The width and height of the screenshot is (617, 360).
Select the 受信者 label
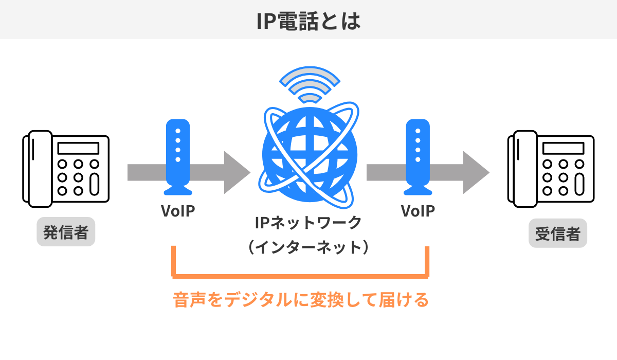pos(558,235)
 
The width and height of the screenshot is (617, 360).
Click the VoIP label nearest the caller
pos(178,211)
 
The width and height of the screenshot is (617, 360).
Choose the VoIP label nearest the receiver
pos(418,211)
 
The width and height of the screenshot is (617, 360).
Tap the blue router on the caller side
pos(178,157)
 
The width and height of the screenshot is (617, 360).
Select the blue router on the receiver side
pos(417,157)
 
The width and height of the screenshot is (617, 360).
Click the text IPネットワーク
pos(308,224)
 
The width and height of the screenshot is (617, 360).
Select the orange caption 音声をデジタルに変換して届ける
pos(301,300)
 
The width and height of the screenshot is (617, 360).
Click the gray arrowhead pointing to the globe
pos(237,172)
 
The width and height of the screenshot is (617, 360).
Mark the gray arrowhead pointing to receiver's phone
pos(476,172)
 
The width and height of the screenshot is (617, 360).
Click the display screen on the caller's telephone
pos(78,148)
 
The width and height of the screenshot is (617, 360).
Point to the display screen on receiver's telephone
pos(563,148)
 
